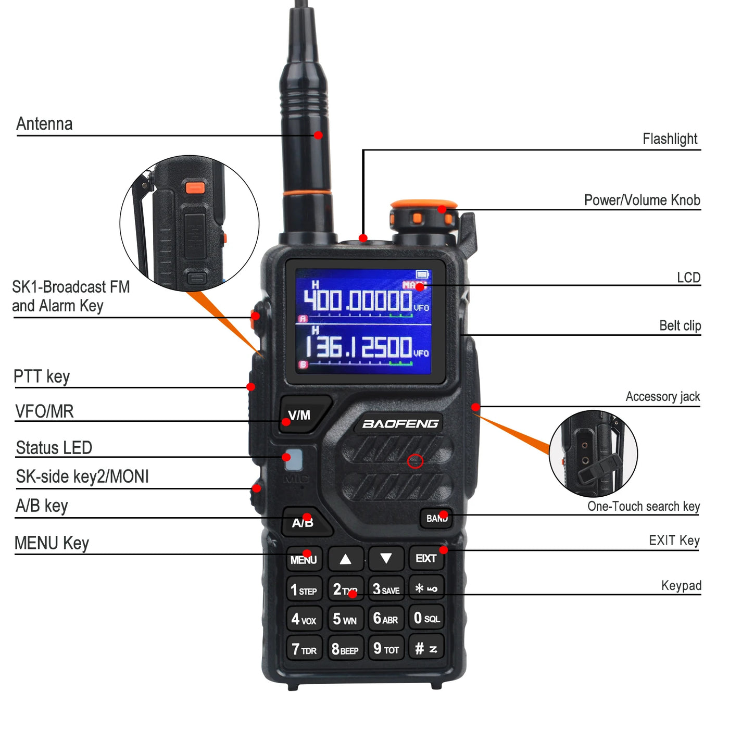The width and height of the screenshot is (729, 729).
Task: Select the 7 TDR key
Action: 304,649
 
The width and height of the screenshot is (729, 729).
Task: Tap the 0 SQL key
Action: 426,618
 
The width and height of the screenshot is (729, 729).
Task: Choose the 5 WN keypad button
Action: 345,619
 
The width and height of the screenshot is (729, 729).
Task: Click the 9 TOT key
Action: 386,649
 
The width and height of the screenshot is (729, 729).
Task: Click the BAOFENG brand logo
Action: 400,424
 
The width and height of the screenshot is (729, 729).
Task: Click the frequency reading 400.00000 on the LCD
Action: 358,300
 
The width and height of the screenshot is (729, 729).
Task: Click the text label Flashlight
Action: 670,139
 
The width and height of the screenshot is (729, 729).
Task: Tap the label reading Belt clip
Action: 680,326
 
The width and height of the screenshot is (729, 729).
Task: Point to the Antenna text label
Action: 44,124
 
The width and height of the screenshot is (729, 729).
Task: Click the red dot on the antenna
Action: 318,135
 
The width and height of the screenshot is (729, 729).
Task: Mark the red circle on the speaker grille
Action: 415,461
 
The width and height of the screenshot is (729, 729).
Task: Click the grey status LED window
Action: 294,459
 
